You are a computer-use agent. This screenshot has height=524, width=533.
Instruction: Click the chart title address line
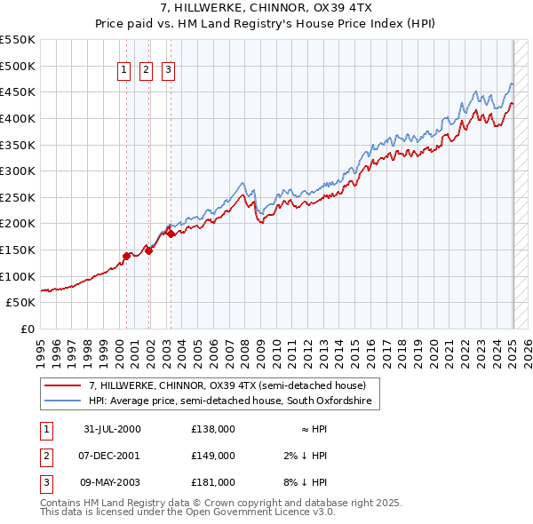click(x=266, y=8)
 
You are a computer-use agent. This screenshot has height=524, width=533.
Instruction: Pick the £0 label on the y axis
click(x=28, y=329)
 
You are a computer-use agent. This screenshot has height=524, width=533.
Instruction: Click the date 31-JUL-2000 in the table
click(x=112, y=428)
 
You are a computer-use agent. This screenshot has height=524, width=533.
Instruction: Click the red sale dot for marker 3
click(x=171, y=234)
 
